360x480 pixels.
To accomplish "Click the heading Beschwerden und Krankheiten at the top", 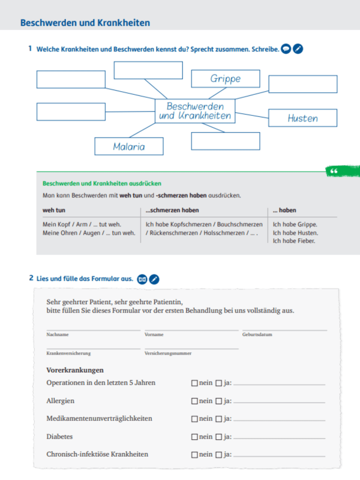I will coord(85,23).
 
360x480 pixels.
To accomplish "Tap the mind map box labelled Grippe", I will coord(226,79).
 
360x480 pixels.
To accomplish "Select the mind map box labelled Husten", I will coord(303,118).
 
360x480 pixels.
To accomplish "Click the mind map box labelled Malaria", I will coord(129,146).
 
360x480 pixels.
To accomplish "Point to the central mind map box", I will coord(195,111).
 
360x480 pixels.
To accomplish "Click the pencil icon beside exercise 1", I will coord(298,49).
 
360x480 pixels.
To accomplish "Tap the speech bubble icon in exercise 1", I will coord(286,49).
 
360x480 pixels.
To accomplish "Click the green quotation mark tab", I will coord(334,172).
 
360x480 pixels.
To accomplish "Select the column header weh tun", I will coord(54,211).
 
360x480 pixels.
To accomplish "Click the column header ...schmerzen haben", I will coord(172,211).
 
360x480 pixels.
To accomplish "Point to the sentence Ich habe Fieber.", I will coord(294,241).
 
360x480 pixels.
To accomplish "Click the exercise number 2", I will coord(31,278).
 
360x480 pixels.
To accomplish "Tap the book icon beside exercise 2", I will coord(142,279).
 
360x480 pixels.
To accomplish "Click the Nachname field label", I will coord(58,335).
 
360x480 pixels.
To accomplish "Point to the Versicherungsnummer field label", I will coord(168,353).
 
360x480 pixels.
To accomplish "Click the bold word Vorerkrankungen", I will coord(75,370).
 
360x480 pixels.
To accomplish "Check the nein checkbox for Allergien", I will coord(194,401).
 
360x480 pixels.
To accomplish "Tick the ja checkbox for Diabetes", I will coord(218,437).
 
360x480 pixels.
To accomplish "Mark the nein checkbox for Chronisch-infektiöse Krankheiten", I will coord(194,455).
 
